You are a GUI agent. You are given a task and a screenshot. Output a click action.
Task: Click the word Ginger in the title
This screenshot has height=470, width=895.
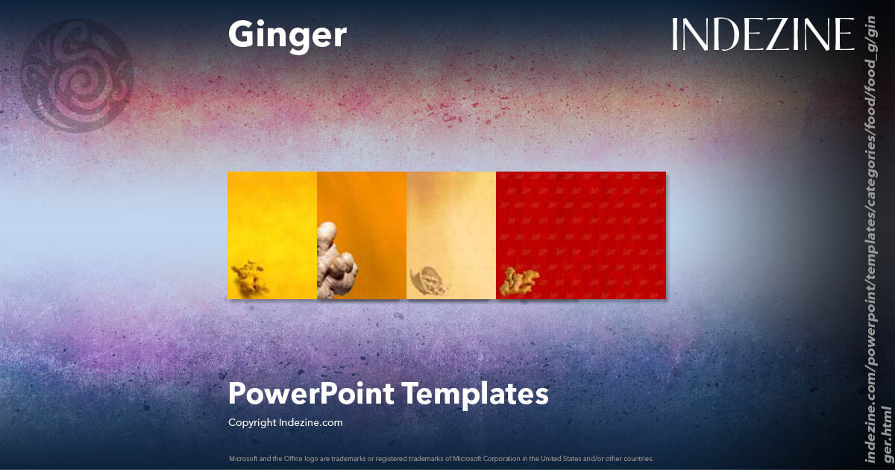coord(287,35)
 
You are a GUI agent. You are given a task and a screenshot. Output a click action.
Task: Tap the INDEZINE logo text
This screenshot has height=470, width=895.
coord(762,35)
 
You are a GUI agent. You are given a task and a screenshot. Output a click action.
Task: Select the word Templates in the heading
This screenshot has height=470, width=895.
coord(475,393)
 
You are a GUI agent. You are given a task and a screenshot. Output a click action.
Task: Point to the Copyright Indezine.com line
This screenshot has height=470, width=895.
coord(285,422)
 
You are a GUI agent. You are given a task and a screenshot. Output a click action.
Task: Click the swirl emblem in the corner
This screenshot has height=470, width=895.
coord(77,75)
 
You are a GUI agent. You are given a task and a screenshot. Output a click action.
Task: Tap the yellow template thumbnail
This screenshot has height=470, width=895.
coord(272,224)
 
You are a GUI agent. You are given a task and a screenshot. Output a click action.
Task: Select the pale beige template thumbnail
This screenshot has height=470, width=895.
coord(451,224)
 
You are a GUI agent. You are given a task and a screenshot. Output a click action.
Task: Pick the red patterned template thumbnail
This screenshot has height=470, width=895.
coord(581,224)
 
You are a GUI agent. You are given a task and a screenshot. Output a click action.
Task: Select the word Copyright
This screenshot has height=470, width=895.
coord(252,422)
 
